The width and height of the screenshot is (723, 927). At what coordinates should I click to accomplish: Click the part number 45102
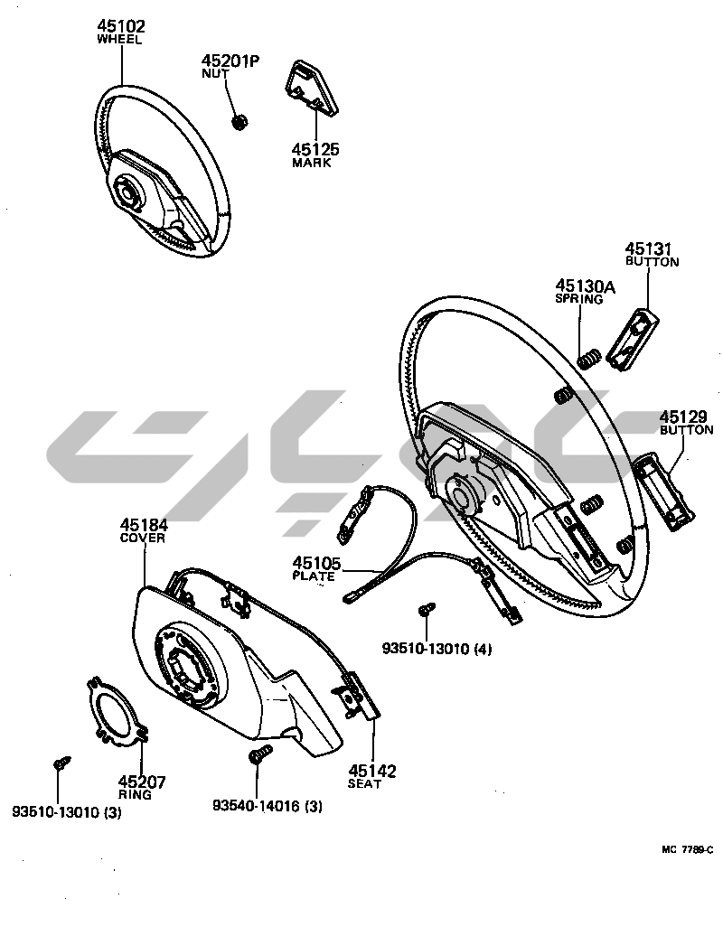[x=120, y=26]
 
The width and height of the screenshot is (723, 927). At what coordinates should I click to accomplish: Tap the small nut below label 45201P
[x=239, y=120]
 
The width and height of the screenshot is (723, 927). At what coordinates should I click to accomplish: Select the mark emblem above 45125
[x=309, y=88]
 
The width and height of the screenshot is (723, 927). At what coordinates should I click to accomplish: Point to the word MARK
[x=312, y=164]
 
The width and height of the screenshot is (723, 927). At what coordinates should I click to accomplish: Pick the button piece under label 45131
[x=632, y=338]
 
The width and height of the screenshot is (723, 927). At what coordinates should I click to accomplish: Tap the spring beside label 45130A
[x=588, y=359]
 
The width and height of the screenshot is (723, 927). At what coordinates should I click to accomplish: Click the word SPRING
[x=578, y=299]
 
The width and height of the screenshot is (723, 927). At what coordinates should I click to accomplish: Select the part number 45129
[x=682, y=417]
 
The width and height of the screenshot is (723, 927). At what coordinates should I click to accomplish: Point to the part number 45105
[x=316, y=563]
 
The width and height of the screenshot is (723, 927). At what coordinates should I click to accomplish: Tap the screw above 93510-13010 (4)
[x=426, y=612]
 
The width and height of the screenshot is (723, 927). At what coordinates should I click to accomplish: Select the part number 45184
[x=144, y=525]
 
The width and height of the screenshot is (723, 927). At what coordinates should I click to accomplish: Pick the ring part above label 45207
[x=117, y=714]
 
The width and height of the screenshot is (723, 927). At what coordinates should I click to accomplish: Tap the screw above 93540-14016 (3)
[x=256, y=755]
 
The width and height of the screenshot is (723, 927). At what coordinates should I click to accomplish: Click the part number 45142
[x=372, y=771]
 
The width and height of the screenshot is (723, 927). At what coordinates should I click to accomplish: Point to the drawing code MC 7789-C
[x=687, y=849]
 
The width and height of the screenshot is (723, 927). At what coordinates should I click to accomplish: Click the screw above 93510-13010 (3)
[x=60, y=763]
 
